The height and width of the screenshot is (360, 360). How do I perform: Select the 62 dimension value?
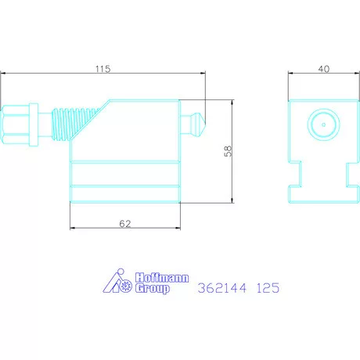coord(124,223)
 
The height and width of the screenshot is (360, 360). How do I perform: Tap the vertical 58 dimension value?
coord(228,151)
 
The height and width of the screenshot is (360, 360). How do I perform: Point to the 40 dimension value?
coord(322,69)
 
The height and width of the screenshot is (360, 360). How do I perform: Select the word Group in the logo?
coord(149,288)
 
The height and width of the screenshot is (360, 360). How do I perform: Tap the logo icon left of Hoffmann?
coord(120,283)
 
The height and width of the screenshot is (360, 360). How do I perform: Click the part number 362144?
coord(221,288)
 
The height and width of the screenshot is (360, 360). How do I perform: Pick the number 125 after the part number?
coord(265,288)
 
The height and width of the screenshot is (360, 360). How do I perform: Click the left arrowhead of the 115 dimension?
coord(4,75)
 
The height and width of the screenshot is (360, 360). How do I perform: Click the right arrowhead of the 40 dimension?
coord(351,75)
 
